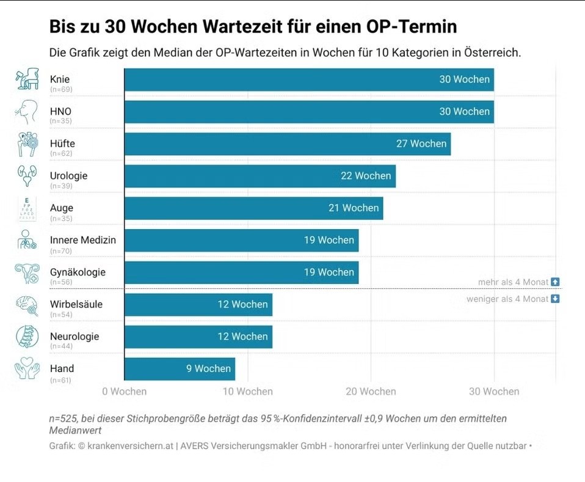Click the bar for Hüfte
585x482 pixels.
tap(287, 144)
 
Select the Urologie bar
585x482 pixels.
tap(260, 176)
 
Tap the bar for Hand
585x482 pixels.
tap(180, 369)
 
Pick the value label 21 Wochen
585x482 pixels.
tap(354, 208)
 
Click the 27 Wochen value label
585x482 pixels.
tap(421, 144)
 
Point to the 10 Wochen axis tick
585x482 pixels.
tap(248, 392)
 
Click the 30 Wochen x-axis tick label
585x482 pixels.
tap(494, 392)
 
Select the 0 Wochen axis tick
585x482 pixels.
tap(125, 392)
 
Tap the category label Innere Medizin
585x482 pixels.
tap(82, 240)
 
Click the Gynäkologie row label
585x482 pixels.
tap(78, 272)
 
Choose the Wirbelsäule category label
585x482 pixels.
tap(76, 304)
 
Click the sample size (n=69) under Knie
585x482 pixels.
tap(60, 89)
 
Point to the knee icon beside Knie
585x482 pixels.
tap(27, 79)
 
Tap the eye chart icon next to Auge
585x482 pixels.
tap(27, 208)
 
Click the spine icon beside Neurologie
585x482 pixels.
tap(27, 337)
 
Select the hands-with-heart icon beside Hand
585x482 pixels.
tap(27, 369)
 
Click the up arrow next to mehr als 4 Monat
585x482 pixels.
tap(555, 282)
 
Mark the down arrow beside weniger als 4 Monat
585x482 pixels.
tap(555, 299)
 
